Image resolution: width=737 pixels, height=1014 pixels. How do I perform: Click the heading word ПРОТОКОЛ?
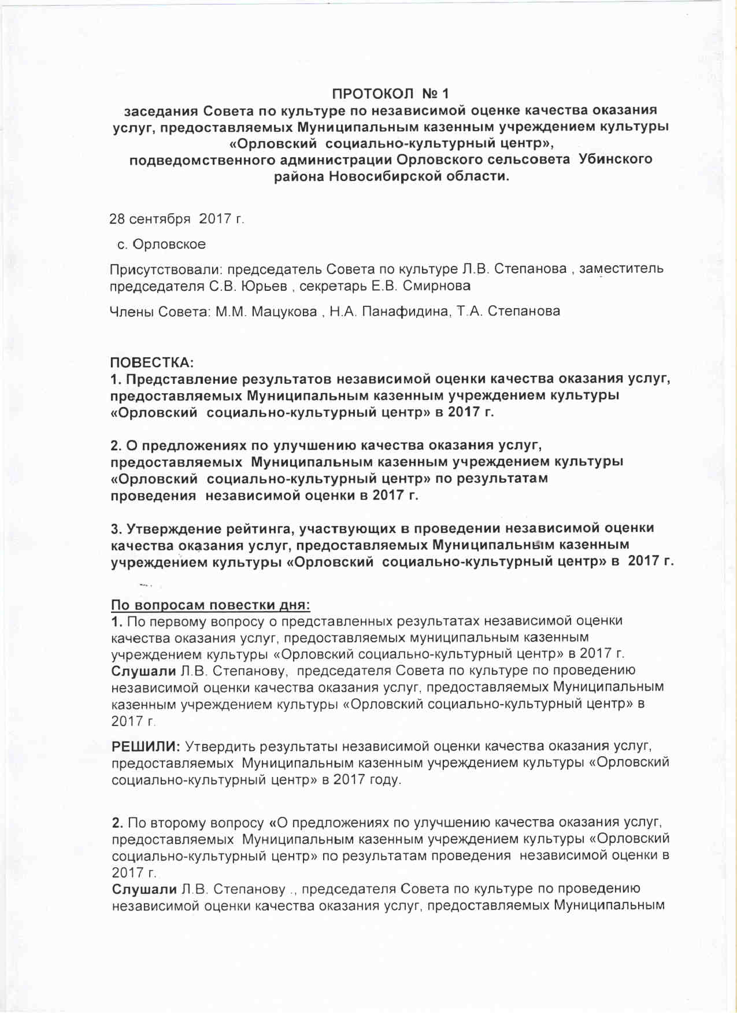(x=373, y=94)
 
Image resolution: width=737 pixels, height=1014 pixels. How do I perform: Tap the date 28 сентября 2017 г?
(x=177, y=219)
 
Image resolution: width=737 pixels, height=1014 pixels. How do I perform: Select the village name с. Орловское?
(x=162, y=245)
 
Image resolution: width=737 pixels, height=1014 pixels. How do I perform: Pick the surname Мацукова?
(x=284, y=312)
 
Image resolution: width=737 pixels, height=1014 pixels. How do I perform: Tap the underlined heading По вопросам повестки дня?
(x=210, y=605)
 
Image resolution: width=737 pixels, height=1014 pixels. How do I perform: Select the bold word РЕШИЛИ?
(x=146, y=746)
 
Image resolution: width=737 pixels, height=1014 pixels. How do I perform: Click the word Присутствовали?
(x=166, y=269)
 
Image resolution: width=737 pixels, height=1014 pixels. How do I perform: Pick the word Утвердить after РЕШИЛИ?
(x=219, y=746)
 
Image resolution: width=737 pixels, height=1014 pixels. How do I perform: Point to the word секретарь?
(x=334, y=286)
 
